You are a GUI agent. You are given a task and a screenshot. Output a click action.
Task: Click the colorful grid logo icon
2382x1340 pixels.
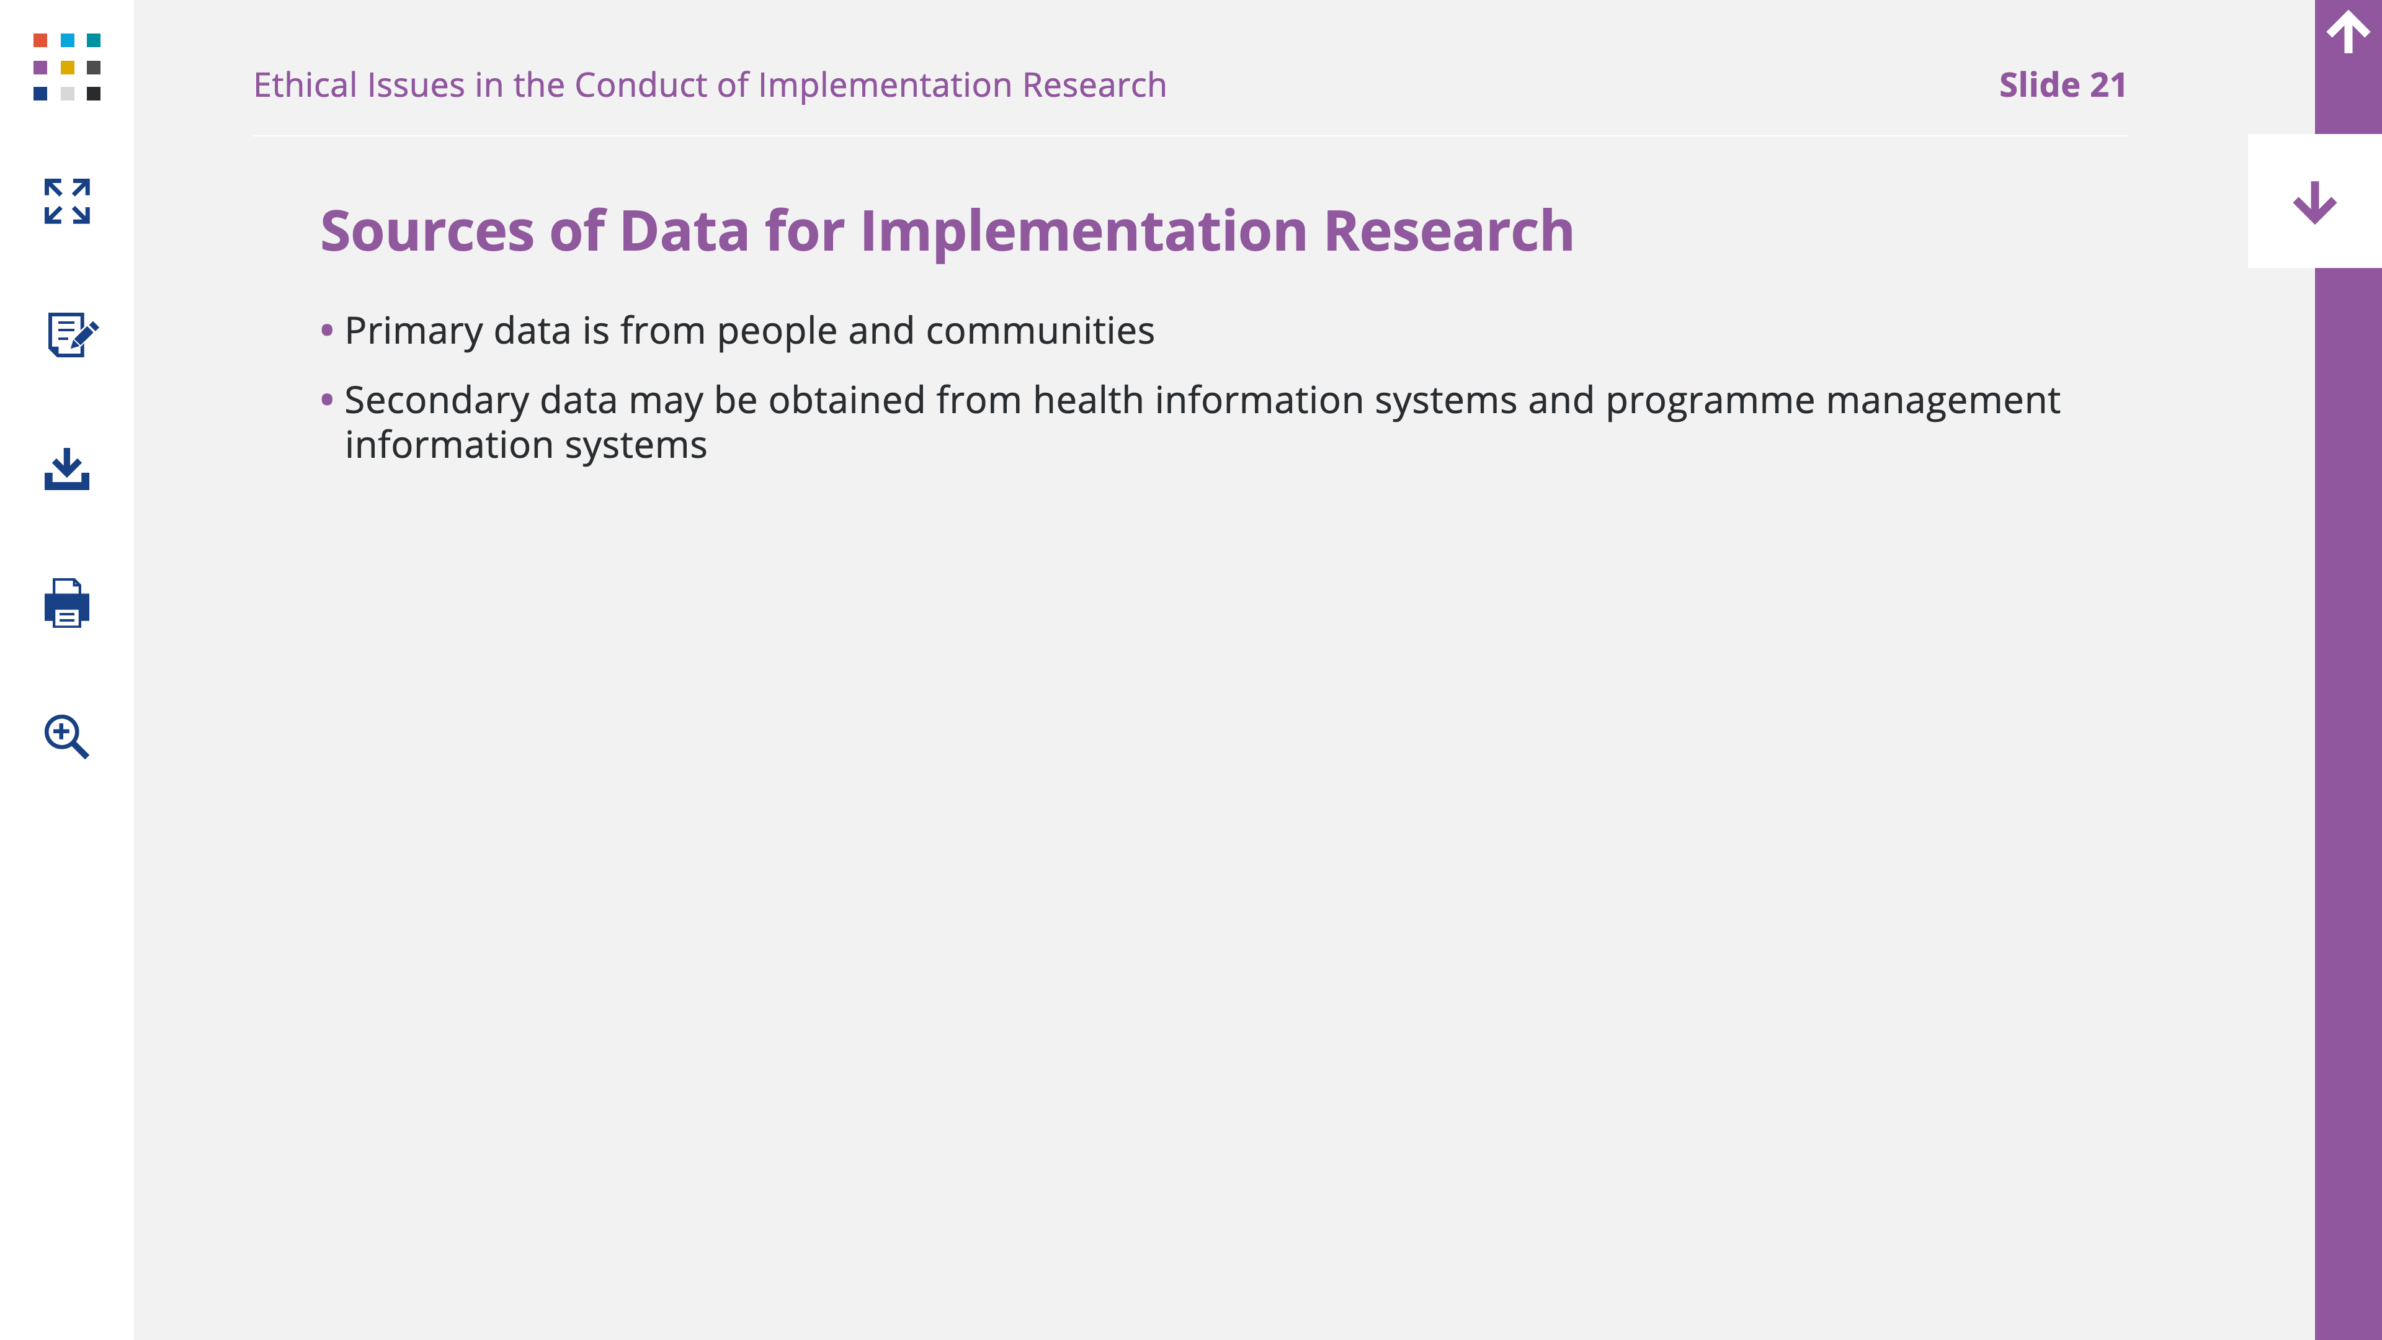(66, 66)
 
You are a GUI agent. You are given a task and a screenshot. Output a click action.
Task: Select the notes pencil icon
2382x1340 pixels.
(72, 334)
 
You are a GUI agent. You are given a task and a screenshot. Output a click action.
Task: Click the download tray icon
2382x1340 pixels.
(66, 469)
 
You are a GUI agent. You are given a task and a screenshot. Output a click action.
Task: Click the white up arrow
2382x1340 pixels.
(2348, 32)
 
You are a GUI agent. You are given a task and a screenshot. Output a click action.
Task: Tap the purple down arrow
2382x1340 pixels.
(2314, 202)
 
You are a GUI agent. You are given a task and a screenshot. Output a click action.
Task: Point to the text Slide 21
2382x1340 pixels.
(2062, 85)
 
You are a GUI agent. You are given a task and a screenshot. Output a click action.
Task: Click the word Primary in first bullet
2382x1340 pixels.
(413, 332)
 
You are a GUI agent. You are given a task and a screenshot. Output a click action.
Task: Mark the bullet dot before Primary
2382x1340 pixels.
(326, 330)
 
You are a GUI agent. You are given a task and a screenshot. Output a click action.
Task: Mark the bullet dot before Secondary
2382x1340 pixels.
(326, 400)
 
